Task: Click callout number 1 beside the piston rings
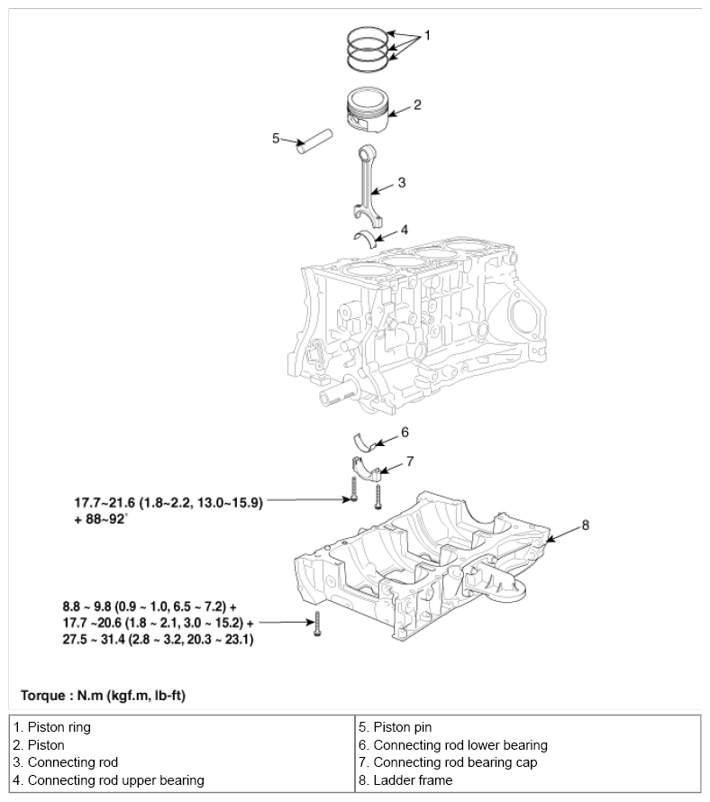tap(428, 35)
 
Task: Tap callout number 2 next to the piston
tap(417, 105)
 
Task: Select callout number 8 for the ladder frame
tap(585, 525)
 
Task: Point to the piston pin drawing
tap(315, 141)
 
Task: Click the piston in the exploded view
tap(368, 111)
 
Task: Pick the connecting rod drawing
tap(368, 187)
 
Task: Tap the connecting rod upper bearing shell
tap(365, 238)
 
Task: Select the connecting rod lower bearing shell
tap(365, 442)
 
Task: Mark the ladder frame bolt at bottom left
tap(317, 624)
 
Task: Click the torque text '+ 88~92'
tap(100, 519)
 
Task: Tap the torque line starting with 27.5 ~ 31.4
tap(158, 640)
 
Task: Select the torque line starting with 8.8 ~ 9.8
tap(150, 606)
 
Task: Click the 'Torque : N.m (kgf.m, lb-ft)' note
tap(103, 696)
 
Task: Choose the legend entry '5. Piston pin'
tap(395, 727)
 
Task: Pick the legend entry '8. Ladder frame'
tap(405, 780)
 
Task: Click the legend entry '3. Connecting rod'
tap(66, 762)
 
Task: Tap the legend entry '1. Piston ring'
tap(51, 727)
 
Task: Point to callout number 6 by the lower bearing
tap(405, 433)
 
